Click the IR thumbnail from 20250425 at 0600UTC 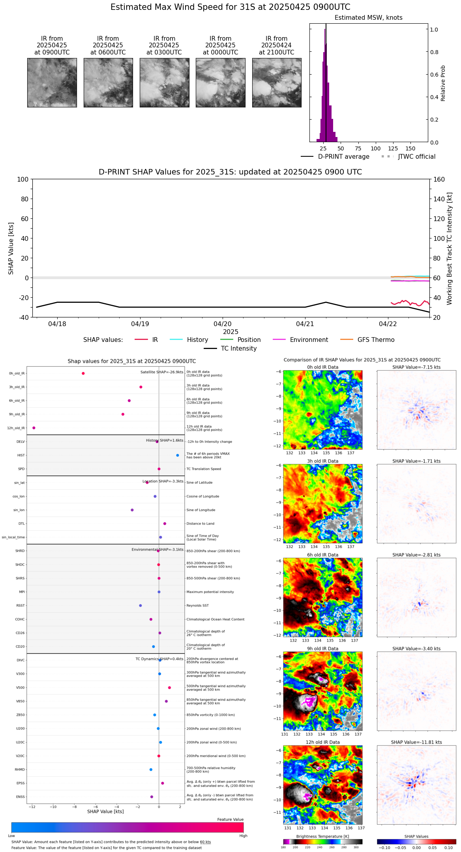coord(108,83)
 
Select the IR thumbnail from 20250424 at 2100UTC coord(277,83)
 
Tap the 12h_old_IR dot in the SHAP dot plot coord(34,428)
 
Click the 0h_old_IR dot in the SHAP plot coord(83,373)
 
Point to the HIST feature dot coord(178,455)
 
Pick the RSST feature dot coord(141,605)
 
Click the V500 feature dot coord(170,687)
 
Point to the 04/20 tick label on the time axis coord(223,324)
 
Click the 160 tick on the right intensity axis coord(439,179)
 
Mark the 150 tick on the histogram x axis coord(410,148)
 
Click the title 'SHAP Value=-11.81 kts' coord(416,742)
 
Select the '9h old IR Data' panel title coord(322,649)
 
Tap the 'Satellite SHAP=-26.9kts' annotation coord(162,372)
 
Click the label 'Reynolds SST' coord(198,605)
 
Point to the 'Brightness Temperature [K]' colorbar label coord(322,836)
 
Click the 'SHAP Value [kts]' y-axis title coord(11,248)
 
